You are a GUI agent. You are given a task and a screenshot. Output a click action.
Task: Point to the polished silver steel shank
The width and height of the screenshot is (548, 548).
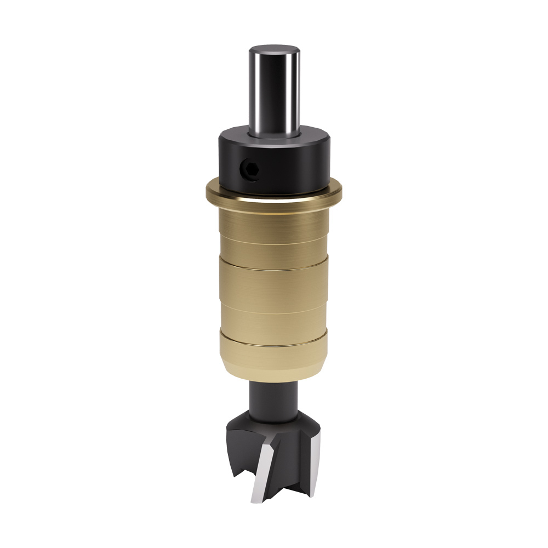coord(274,90)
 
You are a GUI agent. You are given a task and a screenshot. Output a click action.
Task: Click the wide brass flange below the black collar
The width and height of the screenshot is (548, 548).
coord(274,195)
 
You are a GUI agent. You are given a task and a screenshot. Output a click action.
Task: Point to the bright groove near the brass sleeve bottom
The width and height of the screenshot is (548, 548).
coord(274,344)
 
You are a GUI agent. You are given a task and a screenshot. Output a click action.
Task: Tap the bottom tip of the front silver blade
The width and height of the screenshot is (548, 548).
coord(255,500)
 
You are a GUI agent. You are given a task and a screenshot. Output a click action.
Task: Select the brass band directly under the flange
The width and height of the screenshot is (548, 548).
coord(274,219)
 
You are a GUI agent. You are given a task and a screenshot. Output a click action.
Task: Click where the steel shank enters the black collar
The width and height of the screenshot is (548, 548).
coord(274,134)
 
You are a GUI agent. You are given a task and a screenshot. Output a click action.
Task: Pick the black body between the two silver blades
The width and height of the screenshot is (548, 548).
coord(290,466)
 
